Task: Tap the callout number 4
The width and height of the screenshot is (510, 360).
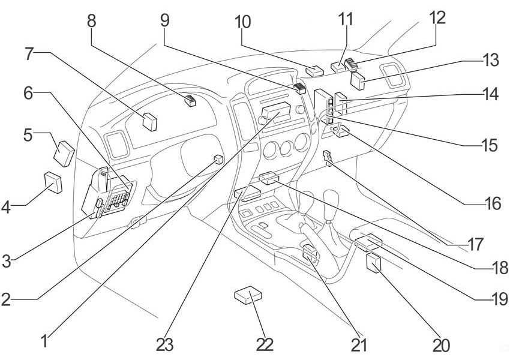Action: (x=7, y=208)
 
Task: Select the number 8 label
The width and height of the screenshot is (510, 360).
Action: (x=91, y=21)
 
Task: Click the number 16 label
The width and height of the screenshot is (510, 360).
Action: (x=493, y=204)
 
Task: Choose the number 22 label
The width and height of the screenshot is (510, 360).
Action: (x=264, y=344)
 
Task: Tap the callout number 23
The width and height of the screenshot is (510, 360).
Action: (x=165, y=344)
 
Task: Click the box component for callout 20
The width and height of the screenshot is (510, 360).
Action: (x=374, y=263)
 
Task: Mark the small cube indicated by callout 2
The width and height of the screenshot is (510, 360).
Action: (x=218, y=160)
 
